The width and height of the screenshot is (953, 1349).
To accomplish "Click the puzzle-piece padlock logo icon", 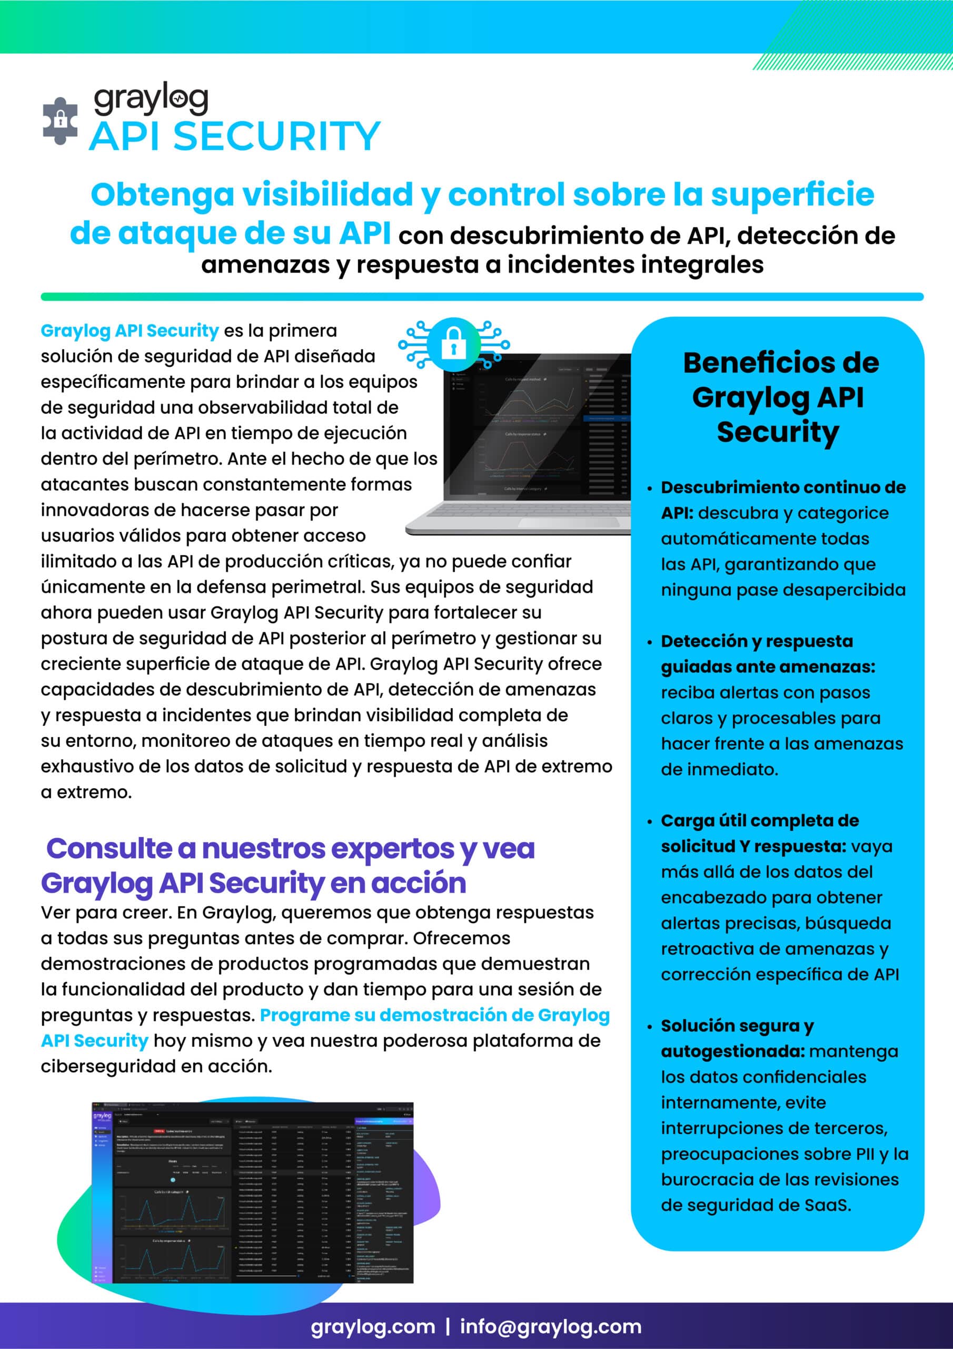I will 60,121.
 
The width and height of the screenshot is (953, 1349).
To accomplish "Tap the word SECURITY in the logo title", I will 276,136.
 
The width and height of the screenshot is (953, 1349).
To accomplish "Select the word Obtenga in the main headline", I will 162,194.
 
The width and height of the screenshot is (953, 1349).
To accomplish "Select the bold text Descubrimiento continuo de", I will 783,487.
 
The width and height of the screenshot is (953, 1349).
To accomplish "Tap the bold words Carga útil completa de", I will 759,820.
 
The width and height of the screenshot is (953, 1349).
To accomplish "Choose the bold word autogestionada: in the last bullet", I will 732,1051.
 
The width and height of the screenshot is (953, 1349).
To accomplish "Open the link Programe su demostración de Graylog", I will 434,1015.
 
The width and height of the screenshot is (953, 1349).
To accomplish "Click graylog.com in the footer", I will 373,1326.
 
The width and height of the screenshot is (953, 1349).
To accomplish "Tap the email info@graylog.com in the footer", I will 550,1326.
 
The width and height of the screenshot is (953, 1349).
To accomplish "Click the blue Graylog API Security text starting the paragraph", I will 130,331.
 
